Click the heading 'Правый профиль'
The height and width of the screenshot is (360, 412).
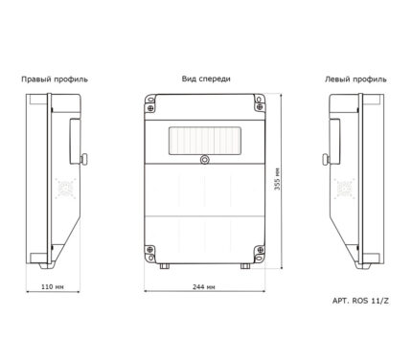(x=55, y=79)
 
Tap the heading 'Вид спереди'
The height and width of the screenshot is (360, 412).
(x=206, y=79)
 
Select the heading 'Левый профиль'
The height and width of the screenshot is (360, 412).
(x=355, y=79)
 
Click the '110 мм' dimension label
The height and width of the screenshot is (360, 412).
(x=53, y=286)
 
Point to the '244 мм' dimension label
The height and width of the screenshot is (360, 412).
(x=204, y=286)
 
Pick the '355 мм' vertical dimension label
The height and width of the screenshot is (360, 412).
(x=277, y=179)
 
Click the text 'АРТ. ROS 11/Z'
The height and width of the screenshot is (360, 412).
(x=360, y=301)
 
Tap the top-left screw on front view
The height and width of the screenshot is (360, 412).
(x=150, y=107)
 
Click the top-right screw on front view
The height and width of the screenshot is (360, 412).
(x=260, y=107)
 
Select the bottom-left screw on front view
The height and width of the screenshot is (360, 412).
(x=149, y=250)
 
